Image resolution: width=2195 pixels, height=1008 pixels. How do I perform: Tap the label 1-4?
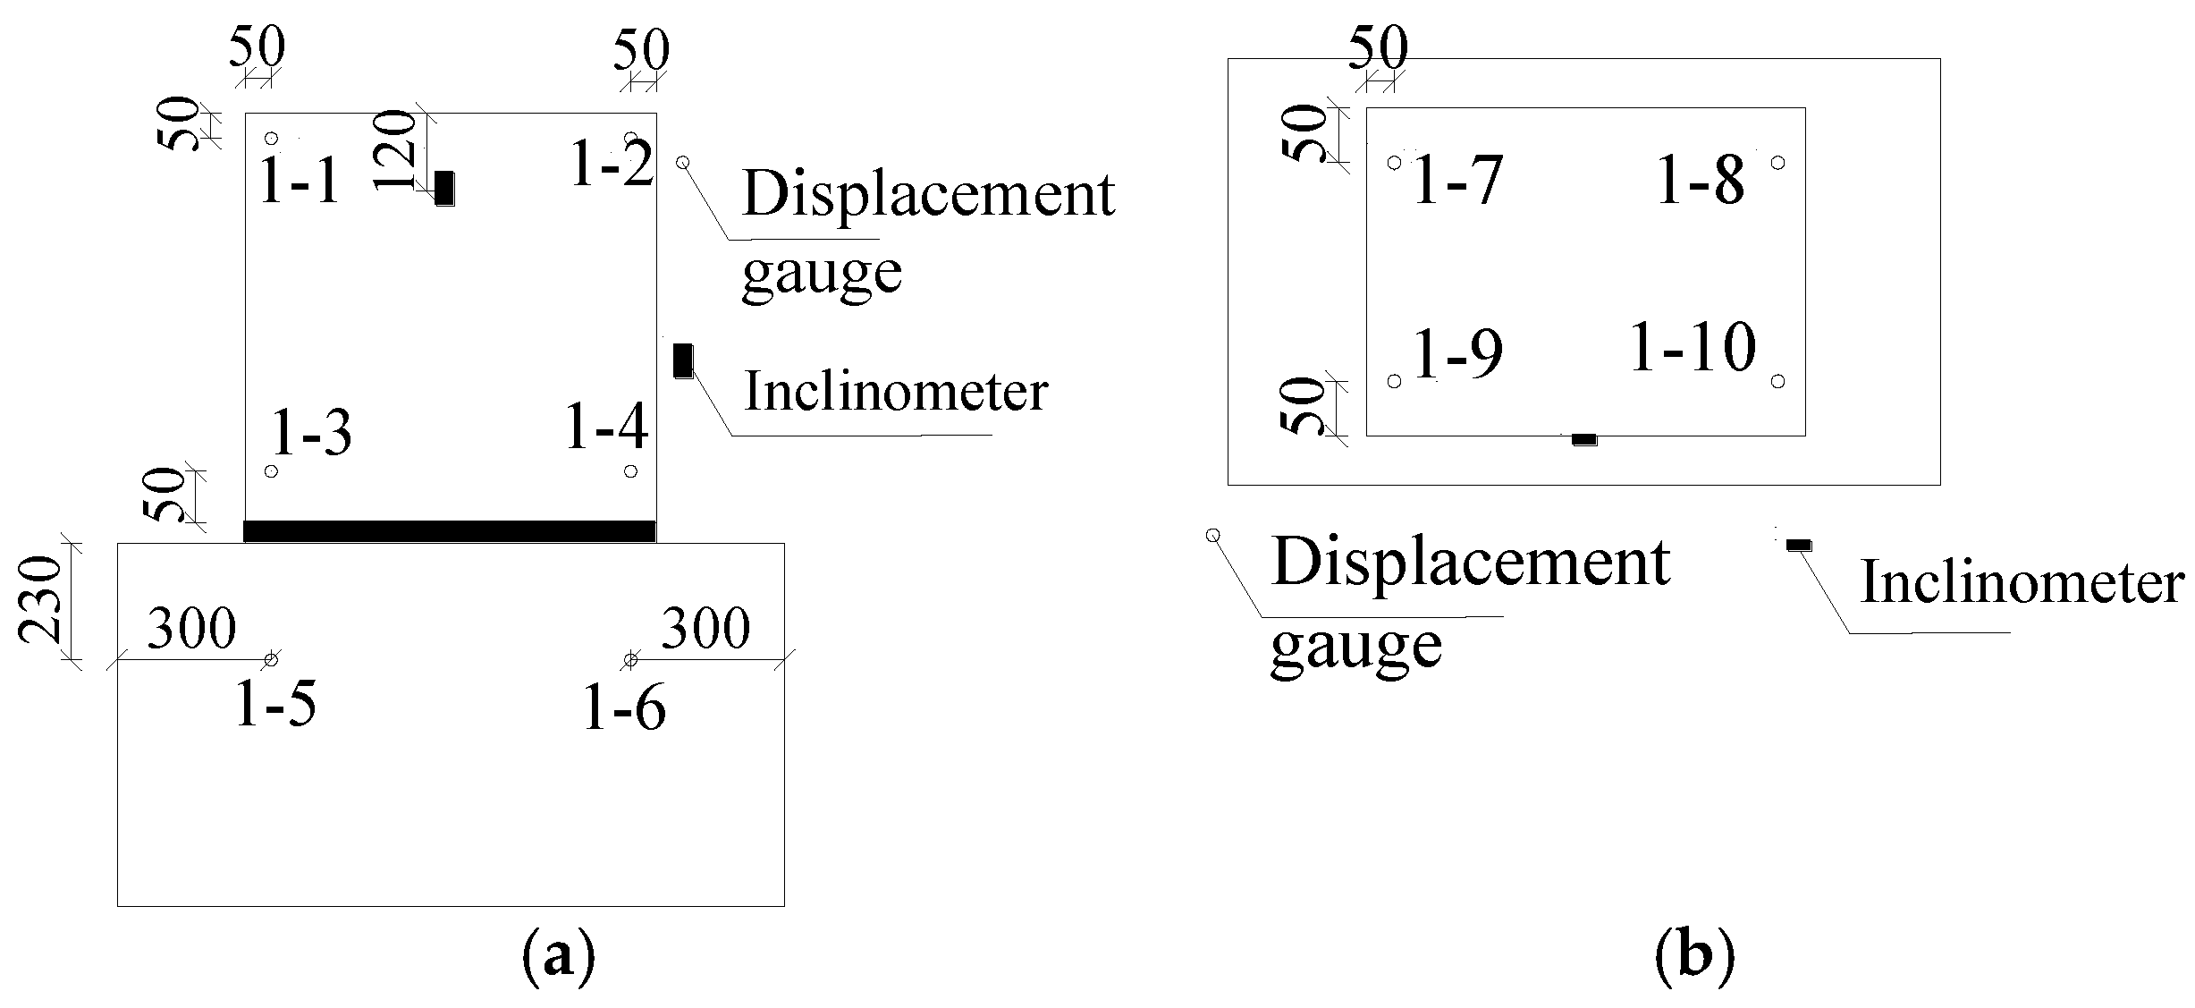coord(606,427)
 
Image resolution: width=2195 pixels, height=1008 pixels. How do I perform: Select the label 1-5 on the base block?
coord(275,705)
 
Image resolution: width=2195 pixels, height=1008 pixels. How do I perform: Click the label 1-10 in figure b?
coord(1693,348)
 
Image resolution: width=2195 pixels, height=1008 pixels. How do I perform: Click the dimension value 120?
coord(394,149)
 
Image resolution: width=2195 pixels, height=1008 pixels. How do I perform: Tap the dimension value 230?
coord(40,600)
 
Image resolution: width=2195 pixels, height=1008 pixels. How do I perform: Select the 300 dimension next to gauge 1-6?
coord(705,629)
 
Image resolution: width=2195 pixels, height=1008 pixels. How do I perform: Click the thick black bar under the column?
coord(450,530)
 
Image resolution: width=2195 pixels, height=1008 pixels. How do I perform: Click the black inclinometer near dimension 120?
coord(444,189)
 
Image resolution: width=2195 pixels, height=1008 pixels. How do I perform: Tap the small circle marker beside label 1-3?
coord(272,471)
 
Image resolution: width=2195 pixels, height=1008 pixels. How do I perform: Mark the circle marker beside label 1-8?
coord(1777,163)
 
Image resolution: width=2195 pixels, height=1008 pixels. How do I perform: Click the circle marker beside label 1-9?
coord(1394,382)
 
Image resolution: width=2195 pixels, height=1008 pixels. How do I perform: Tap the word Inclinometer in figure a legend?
coord(896,393)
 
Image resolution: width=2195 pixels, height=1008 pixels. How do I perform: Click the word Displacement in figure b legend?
coord(1470,563)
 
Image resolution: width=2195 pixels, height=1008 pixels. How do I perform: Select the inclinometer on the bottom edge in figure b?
coord(1584,439)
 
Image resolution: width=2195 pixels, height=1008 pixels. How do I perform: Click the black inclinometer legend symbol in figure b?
coord(1798,545)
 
